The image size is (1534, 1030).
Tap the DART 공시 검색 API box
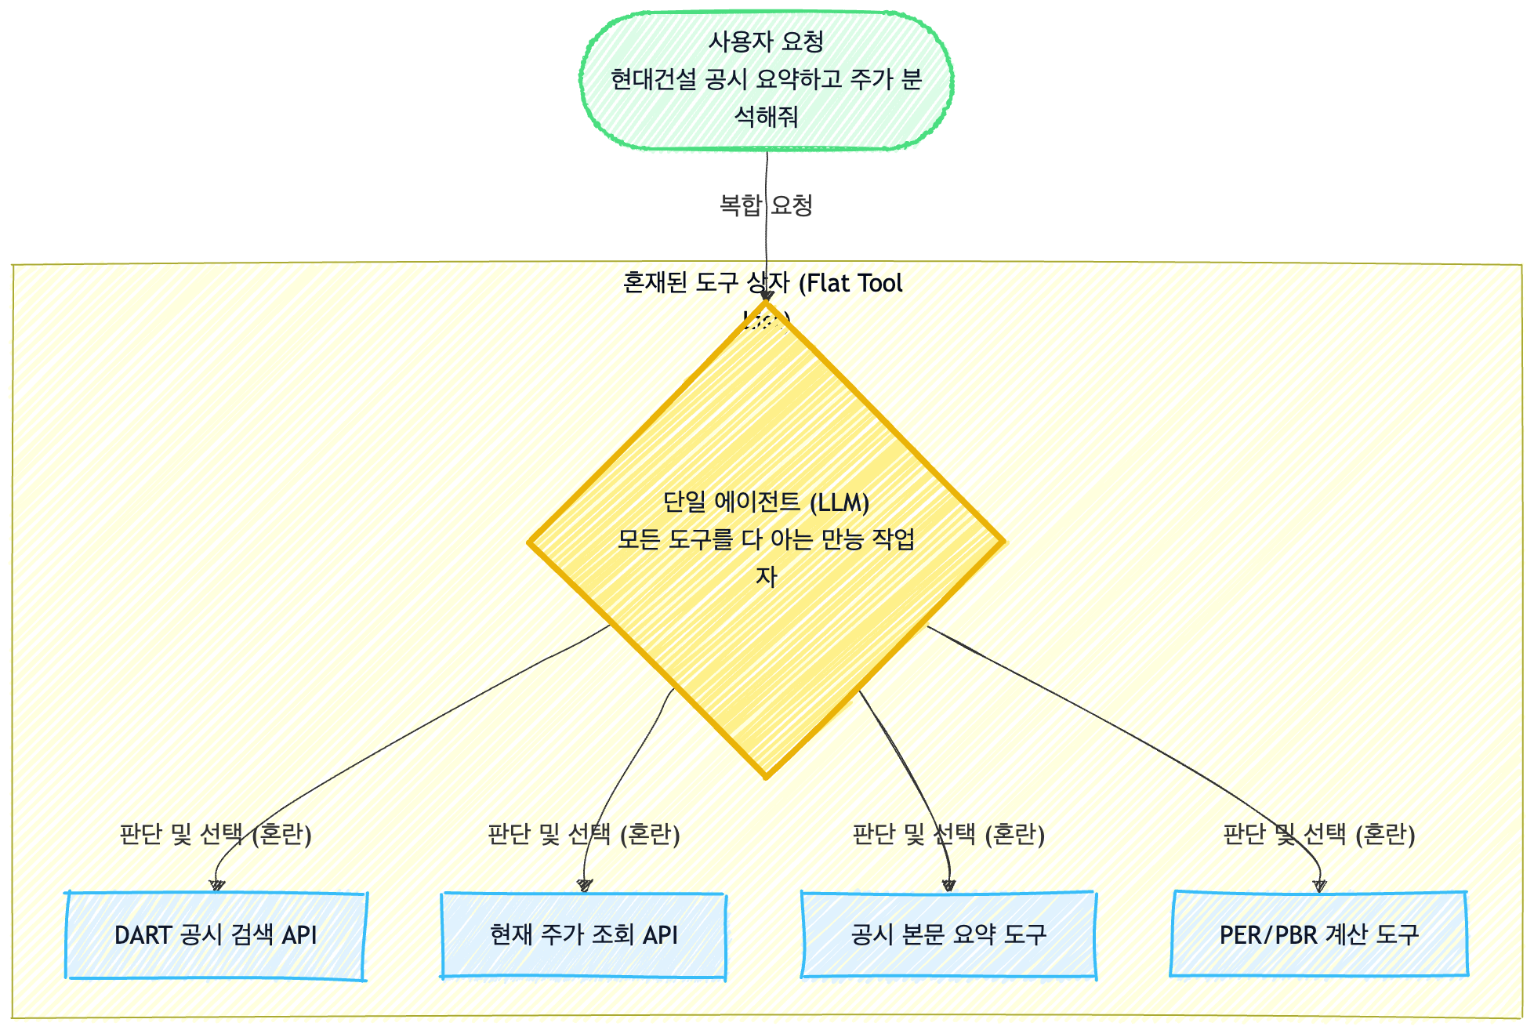[x=216, y=934]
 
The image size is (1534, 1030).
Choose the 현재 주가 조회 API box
[x=583, y=934]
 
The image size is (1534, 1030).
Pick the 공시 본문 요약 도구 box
[x=948, y=934]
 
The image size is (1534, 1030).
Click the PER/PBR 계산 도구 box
[x=1319, y=934]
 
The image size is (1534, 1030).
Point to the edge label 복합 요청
[x=766, y=205]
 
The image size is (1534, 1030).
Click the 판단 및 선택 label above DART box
[x=216, y=834]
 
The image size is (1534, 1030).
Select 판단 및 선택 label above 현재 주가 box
[x=583, y=834]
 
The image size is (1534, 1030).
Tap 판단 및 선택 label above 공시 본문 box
[x=948, y=834]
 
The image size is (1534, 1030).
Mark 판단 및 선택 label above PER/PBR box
[x=1319, y=834]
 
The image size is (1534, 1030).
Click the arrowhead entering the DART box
[x=217, y=886]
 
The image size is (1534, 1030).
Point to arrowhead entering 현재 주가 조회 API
[x=585, y=886]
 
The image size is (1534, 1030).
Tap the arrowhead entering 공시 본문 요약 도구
[x=948, y=886]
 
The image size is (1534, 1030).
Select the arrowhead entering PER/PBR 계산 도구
[x=1319, y=886]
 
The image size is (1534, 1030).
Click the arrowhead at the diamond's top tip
[x=766, y=297]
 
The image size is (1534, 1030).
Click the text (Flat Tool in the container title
[x=850, y=283]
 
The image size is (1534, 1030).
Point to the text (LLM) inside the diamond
[x=839, y=502]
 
